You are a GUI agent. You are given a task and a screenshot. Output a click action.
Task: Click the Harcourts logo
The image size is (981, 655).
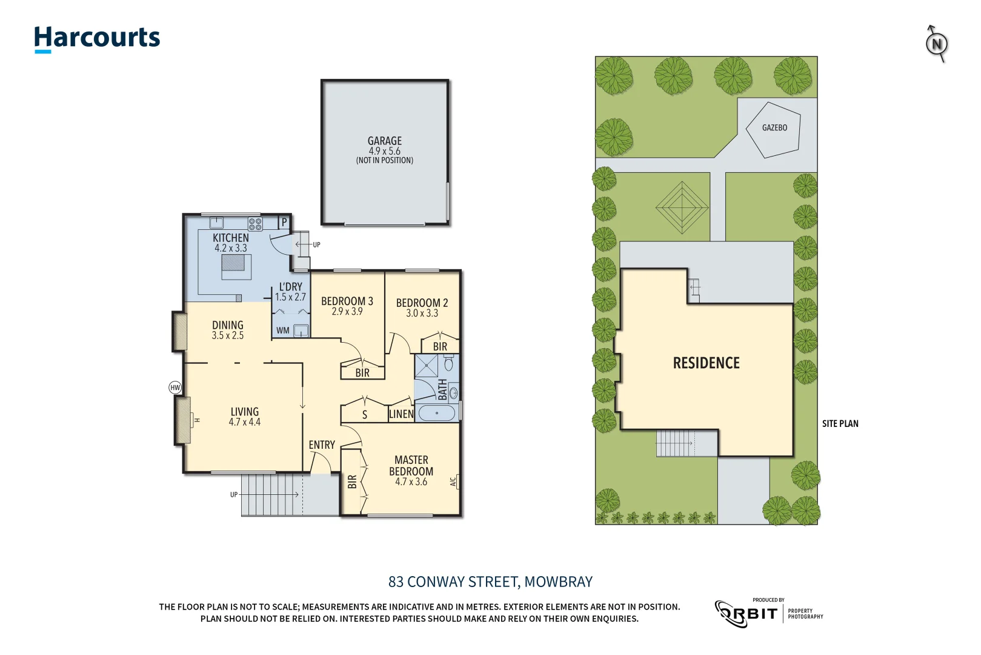pyautogui.click(x=97, y=38)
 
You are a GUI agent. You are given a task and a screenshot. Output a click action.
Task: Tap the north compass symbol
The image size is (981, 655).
pyautogui.click(x=937, y=44)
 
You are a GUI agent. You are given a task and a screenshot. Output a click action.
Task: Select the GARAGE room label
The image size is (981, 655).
pyautogui.click(x=385, y=141)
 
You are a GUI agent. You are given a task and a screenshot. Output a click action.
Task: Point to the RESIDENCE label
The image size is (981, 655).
pyautogui.click(x=706, y=363)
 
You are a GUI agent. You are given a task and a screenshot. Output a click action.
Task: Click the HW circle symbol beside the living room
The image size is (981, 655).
pyautogui.click(x=175, y=388)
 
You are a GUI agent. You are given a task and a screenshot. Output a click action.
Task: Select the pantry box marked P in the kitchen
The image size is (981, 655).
pyautogui.click(x=284, y=223)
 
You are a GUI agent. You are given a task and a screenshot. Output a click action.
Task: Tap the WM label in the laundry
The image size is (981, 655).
pyautogui.click(x=283, y=331)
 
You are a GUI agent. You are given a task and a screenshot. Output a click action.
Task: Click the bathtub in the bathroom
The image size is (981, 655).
pyautogui.click(x=436, y=414)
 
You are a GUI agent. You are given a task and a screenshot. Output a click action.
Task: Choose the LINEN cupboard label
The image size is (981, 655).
pyautogui.click(x=401, y=414)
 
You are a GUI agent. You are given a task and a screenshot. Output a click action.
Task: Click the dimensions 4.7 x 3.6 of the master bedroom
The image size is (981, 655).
pyautogui.click(x=411, y=482)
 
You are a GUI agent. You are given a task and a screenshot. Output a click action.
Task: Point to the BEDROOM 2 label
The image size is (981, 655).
pyautogui.click(x=422, y=303)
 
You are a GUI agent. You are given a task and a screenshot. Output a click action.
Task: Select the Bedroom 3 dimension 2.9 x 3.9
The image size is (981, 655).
pyautogui.click(x=347, y=312)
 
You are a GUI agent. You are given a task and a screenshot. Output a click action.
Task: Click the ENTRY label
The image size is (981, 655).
pyautogui.click(x=322, y=445)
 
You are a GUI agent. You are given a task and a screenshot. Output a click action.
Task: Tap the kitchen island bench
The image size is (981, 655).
pyautogui.click(x=236, y=267)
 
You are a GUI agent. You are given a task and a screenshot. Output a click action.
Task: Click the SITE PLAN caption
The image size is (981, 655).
pyautogui.click(x=840, y=424)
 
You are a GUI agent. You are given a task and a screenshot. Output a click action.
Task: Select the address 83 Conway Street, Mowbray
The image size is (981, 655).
pyautogui.click(x=490, y=582)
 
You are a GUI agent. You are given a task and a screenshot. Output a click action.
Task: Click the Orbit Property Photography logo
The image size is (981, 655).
pyautogui.click(x=768, y=613)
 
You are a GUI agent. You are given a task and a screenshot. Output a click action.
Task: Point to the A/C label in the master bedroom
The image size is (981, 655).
pyautogui.click(x=453, y=482)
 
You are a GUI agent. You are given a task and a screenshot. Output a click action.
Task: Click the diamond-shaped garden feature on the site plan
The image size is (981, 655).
pyautogui.click(x=682, y=207)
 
